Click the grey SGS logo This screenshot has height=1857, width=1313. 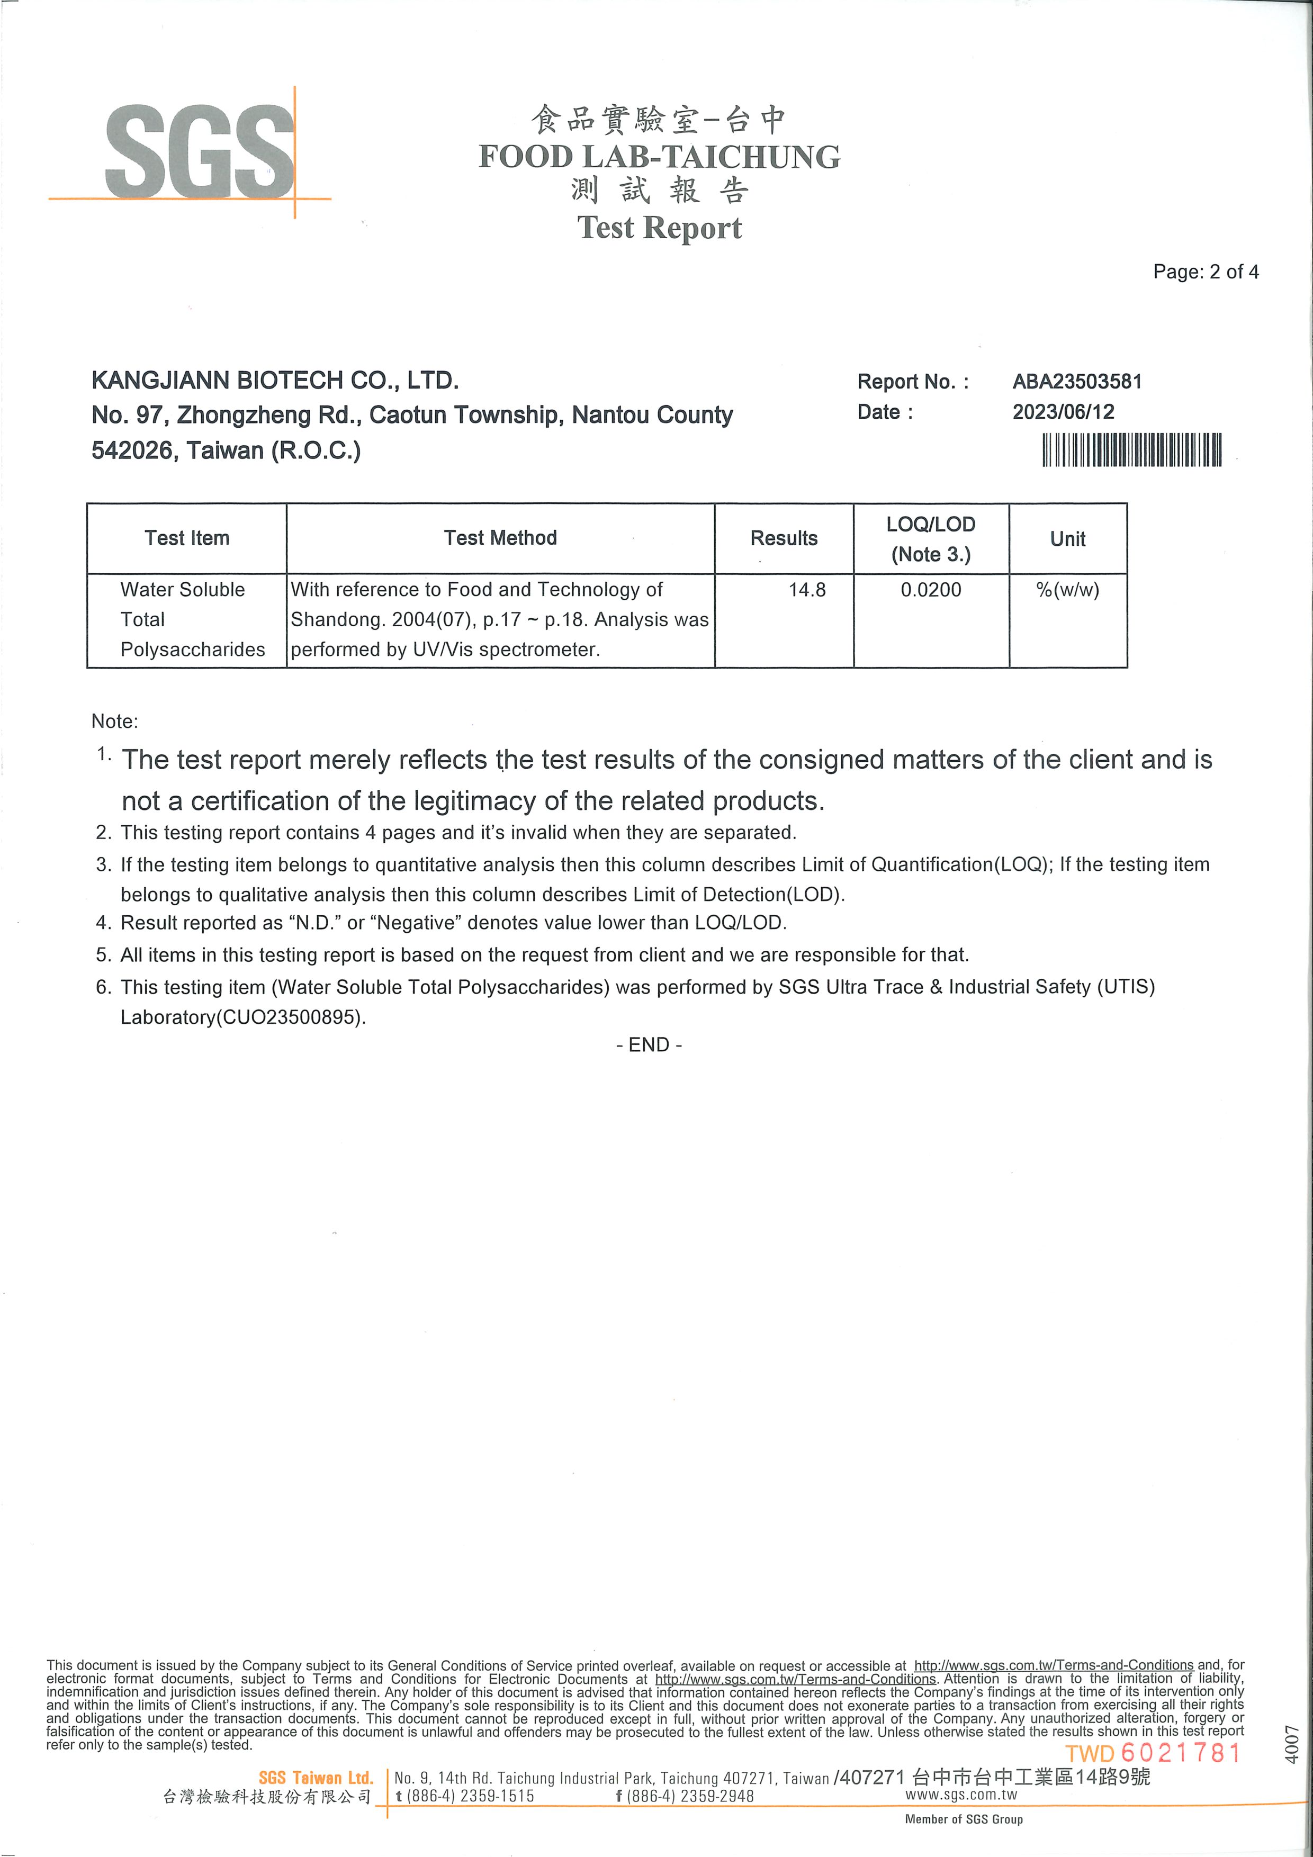click(x=200, y=151)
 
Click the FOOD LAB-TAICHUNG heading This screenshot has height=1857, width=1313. click(x=659, y=157)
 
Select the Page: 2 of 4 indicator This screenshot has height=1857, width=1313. click(x=1206, y=272)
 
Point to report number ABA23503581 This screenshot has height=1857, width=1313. click(x=1077, y=382)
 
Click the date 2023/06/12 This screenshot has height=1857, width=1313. click(x=1063, y=412)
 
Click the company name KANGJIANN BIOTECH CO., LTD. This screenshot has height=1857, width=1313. click(x=275, y=380)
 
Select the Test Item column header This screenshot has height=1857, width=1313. click(x=187, y=539)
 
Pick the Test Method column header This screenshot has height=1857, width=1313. click(x=500, y=539)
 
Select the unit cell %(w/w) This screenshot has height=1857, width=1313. click(x=1067, y=590)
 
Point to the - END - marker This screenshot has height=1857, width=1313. click(x=649, y=1045)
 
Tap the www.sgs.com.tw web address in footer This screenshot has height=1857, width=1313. click(x=961, y=1795)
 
